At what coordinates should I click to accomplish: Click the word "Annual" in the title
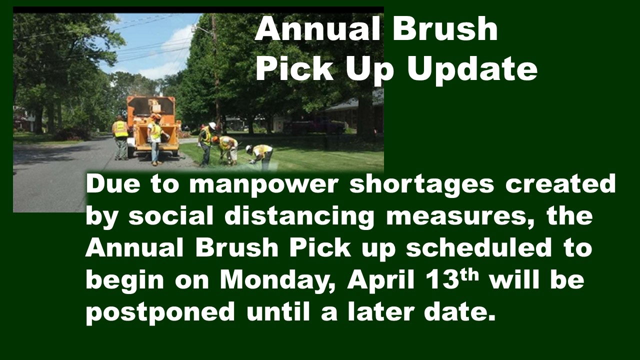317,29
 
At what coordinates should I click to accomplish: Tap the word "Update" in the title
472,70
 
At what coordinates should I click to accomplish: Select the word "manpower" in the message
263,185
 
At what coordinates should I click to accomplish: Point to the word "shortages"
421,185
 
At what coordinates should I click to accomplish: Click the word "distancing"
299,216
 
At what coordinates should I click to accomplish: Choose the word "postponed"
160,313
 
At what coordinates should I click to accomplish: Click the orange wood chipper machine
153,125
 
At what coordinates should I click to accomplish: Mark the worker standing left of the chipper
120,137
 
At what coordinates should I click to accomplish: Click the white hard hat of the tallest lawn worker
212,125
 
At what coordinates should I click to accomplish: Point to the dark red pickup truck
315,126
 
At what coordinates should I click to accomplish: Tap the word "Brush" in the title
445,28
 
